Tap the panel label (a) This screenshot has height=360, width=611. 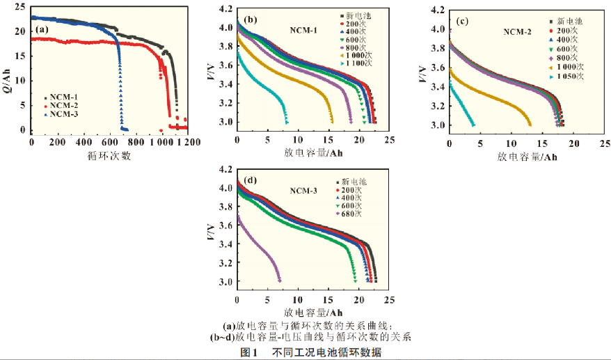[x=42, y=30]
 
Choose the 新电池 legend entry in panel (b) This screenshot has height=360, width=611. [x=353, y=15]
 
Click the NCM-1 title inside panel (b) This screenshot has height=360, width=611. [x=304, y=30]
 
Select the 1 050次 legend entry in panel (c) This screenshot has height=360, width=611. [x=573, y=77]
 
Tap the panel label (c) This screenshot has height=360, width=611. [x=462, y=20]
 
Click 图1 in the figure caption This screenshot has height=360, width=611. [x=250, y=352]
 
